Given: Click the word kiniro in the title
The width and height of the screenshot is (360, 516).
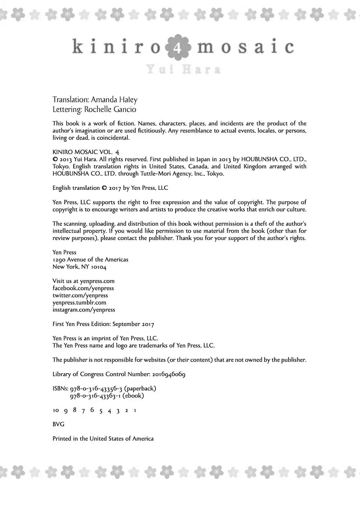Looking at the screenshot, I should [x=116, y=47].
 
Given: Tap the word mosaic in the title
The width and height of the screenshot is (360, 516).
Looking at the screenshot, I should [x=245, y=47].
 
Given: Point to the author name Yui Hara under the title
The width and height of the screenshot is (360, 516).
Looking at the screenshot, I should [x=183, y=70].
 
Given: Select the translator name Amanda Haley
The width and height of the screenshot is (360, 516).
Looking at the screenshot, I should [x=114, y=100].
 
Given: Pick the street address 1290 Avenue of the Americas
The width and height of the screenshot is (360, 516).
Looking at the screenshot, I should [x=90, y=259].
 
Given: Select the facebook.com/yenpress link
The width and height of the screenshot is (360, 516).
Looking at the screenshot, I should [x=83, y=288].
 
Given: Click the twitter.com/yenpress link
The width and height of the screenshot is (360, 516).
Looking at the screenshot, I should [x=80, y=295].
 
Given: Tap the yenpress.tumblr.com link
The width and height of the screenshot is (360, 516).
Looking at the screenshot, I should [x=79, y=303].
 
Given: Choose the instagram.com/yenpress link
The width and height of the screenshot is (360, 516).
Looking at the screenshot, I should [x=84, y=310].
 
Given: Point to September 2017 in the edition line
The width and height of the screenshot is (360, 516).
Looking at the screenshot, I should [x=133, y=324].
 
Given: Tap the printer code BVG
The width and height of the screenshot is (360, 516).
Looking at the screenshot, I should [x=58, y=424].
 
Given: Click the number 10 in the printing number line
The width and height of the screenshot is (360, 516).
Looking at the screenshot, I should [x=55, y=410].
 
